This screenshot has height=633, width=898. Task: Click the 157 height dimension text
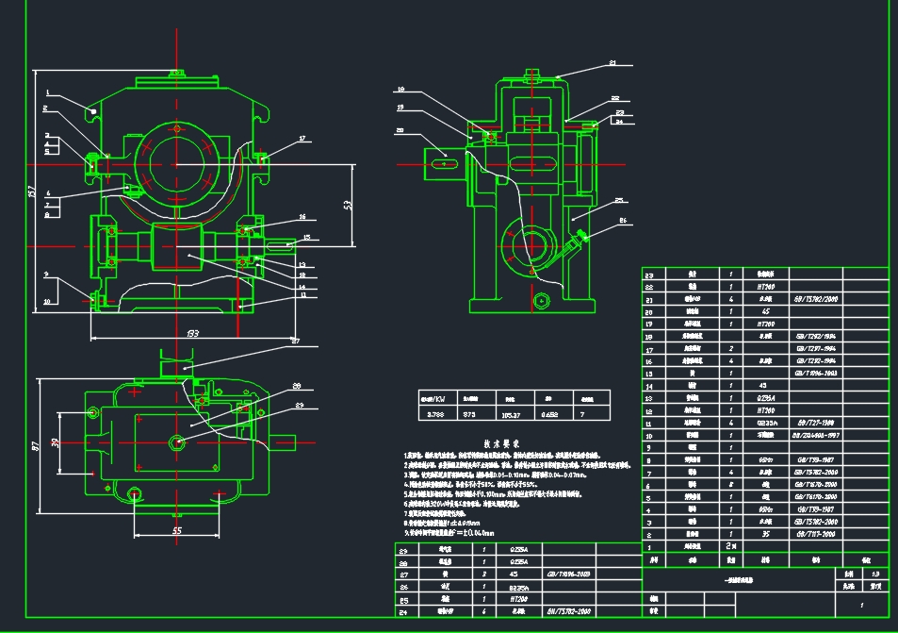coord(33,194)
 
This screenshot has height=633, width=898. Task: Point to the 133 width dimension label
coord(192,333)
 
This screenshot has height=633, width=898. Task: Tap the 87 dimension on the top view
coord(34,444)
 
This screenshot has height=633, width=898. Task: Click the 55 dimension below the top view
coord(176,531)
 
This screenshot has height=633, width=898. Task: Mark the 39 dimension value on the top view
coord(55,443)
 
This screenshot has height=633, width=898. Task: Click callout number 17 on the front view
coord(302,140)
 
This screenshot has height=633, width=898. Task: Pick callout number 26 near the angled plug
coord(623,221)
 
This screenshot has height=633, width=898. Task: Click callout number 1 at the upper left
coord(44,92)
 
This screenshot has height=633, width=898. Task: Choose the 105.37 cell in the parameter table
coord(512,412)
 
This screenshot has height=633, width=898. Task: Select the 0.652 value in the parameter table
coord(548,412)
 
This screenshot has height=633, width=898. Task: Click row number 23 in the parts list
coord(648,275)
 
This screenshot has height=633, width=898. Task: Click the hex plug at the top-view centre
coord(177,442)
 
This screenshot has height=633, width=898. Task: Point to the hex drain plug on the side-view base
coord(540,301)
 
